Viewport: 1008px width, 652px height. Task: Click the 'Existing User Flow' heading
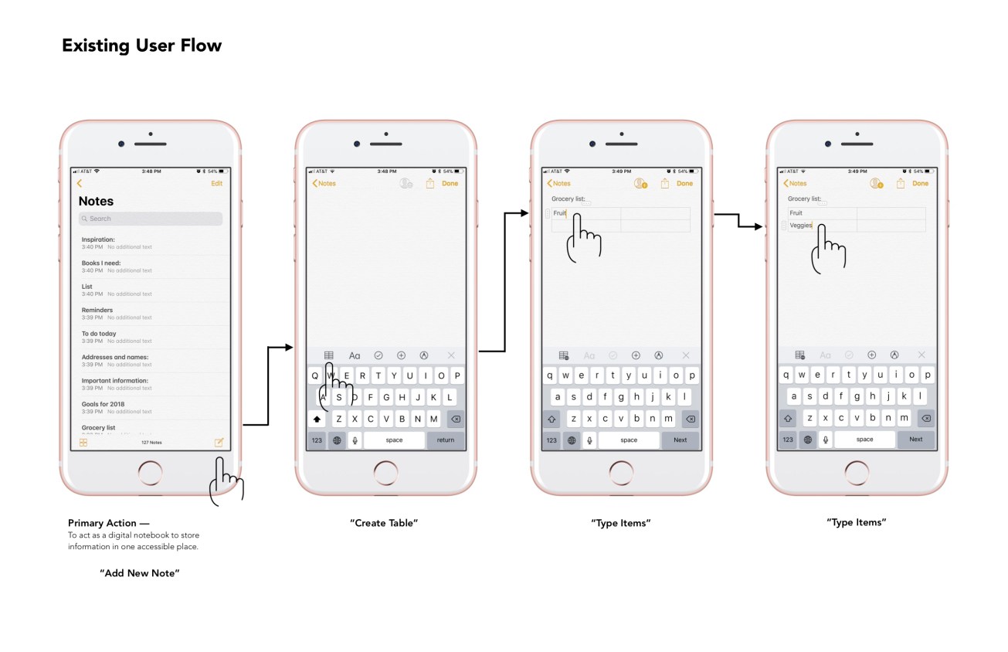coord(141,46)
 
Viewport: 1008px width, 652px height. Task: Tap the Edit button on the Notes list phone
coord(216,183)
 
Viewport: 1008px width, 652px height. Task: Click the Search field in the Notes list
coord(151,219)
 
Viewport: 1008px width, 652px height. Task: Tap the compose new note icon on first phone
coord(219,443)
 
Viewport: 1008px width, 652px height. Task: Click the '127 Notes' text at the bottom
coord(151,443)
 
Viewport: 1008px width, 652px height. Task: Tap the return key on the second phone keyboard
coord(446,440)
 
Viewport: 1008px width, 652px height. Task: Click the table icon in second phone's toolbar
coord(329,355)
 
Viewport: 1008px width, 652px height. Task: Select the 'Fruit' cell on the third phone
coord(561,213)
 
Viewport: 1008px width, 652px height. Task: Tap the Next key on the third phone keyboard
coord(680,440)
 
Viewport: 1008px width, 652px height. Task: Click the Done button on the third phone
coord(684,183)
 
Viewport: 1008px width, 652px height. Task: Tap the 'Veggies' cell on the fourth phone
coord(801,226)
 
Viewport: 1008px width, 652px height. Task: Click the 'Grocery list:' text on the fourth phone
coord(805,199)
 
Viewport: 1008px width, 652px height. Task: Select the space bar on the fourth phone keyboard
coord(864,440)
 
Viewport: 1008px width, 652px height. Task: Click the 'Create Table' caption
coord(384,523)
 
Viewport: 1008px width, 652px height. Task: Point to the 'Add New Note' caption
coord(140,573)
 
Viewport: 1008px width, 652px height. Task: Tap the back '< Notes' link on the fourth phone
coord(796,183)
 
